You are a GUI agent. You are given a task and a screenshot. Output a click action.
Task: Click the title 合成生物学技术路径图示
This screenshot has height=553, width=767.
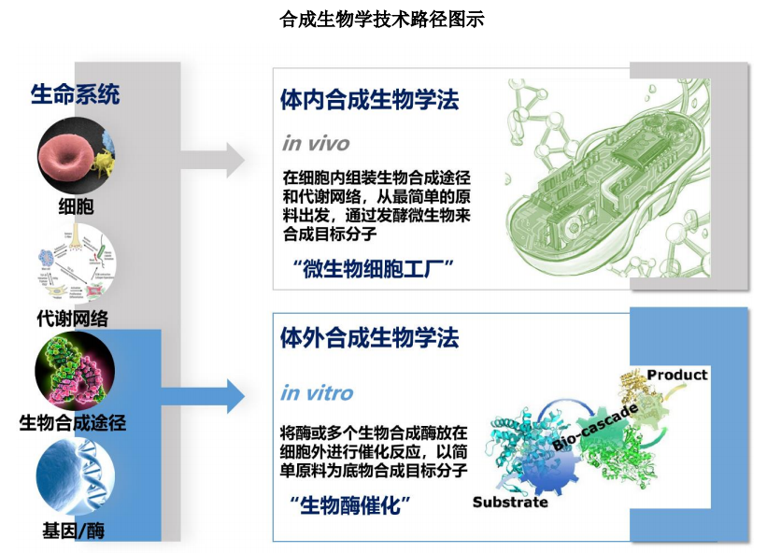coord(382,20)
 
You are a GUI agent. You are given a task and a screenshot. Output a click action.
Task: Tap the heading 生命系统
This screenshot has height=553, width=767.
coord(75,94)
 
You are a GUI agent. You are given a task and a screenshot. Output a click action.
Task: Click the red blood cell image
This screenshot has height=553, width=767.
coord(73,153)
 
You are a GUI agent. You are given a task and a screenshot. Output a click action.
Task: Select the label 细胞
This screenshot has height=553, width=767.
coord(75,206)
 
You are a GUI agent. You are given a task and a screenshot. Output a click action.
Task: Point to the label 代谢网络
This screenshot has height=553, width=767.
coord(73,319)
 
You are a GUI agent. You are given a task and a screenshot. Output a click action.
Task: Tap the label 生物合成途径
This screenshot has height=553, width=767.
coord(73,422)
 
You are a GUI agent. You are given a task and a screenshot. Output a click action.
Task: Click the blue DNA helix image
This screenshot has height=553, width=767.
coord(75,475)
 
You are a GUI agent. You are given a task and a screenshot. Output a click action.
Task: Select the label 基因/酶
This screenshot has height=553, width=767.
coord(74,531)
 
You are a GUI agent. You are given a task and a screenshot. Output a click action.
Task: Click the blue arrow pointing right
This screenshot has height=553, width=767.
coord(213,396)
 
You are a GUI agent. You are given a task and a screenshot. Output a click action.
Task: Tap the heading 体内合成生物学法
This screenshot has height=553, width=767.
coord(370,99)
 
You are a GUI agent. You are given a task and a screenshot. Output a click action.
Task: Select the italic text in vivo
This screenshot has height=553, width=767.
coord(316,143)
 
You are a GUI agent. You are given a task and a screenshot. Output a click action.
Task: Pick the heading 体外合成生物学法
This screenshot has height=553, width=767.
coord(370,338)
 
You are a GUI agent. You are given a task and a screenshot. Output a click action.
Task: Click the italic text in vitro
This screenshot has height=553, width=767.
coord(317,392)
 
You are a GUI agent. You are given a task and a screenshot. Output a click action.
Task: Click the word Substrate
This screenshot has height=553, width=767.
coord(510,503)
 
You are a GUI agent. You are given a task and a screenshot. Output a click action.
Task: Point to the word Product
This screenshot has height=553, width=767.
coord(677,375)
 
